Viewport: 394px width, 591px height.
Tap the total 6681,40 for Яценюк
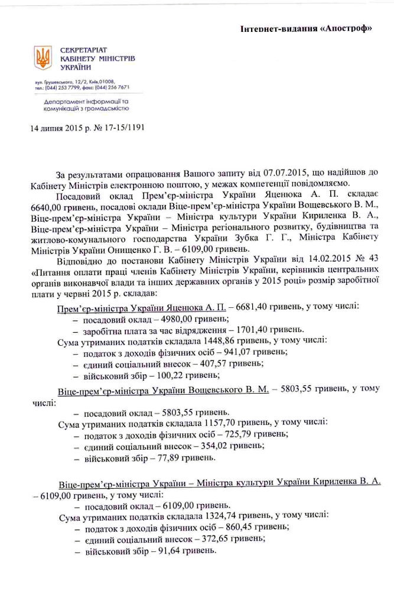coord(254,308)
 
